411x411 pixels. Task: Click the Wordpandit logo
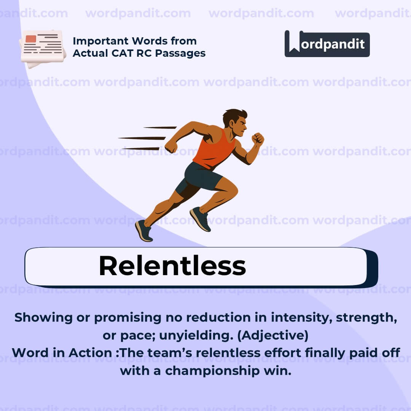[327, 44]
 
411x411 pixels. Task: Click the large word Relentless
[172, 266]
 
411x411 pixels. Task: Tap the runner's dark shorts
[202, 177]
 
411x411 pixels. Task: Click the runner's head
[235, 122]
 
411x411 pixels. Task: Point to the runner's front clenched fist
[258, 139]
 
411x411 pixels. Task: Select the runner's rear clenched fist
[171, 147]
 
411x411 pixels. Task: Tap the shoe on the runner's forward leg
[201, 218]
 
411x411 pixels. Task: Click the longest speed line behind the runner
[142, 138]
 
